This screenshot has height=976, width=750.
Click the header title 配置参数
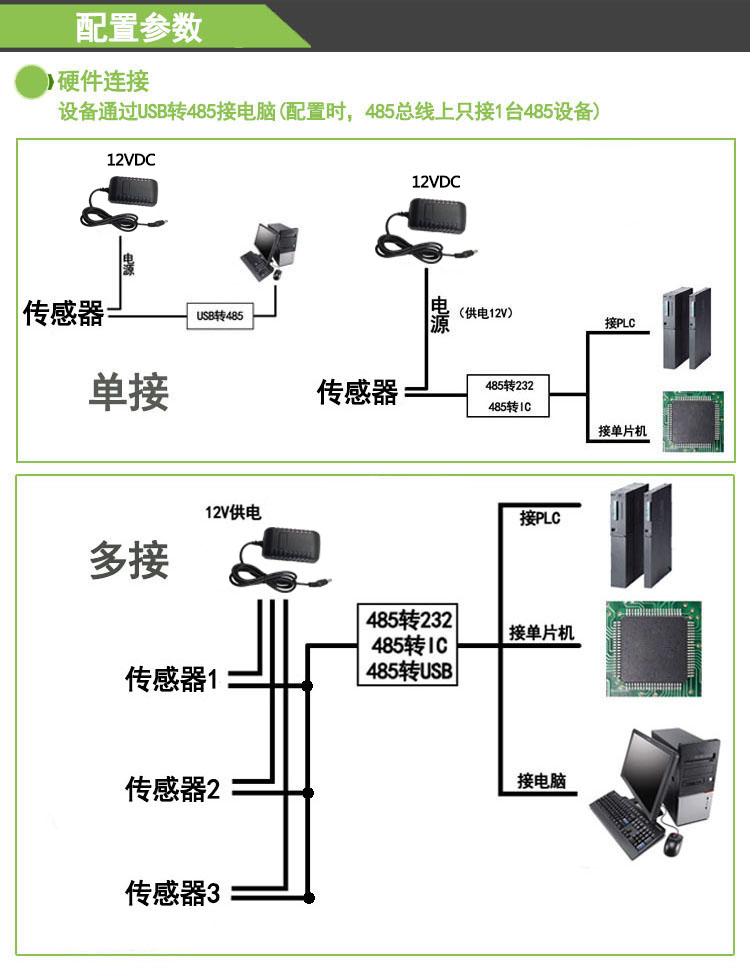click(x=139, y=27)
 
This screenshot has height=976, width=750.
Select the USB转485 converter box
click(x=220, y=316)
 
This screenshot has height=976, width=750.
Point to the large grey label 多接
click(x=129, y=560)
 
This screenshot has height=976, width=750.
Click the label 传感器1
click(x=171, y=680)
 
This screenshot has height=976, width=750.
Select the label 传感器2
click(x=171, y=788)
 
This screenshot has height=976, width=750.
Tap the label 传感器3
click(x=171, y=892)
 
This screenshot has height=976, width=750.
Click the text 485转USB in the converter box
click(x=411, y=671)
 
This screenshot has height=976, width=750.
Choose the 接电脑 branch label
click(x=541, y=780)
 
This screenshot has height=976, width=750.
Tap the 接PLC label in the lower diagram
click(x=540, y=518)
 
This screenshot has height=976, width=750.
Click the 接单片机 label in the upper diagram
click(x=623, y=431)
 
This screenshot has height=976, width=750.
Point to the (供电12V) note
click(x=487, y=313)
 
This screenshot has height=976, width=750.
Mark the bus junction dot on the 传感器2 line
click(x=308, y=790)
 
